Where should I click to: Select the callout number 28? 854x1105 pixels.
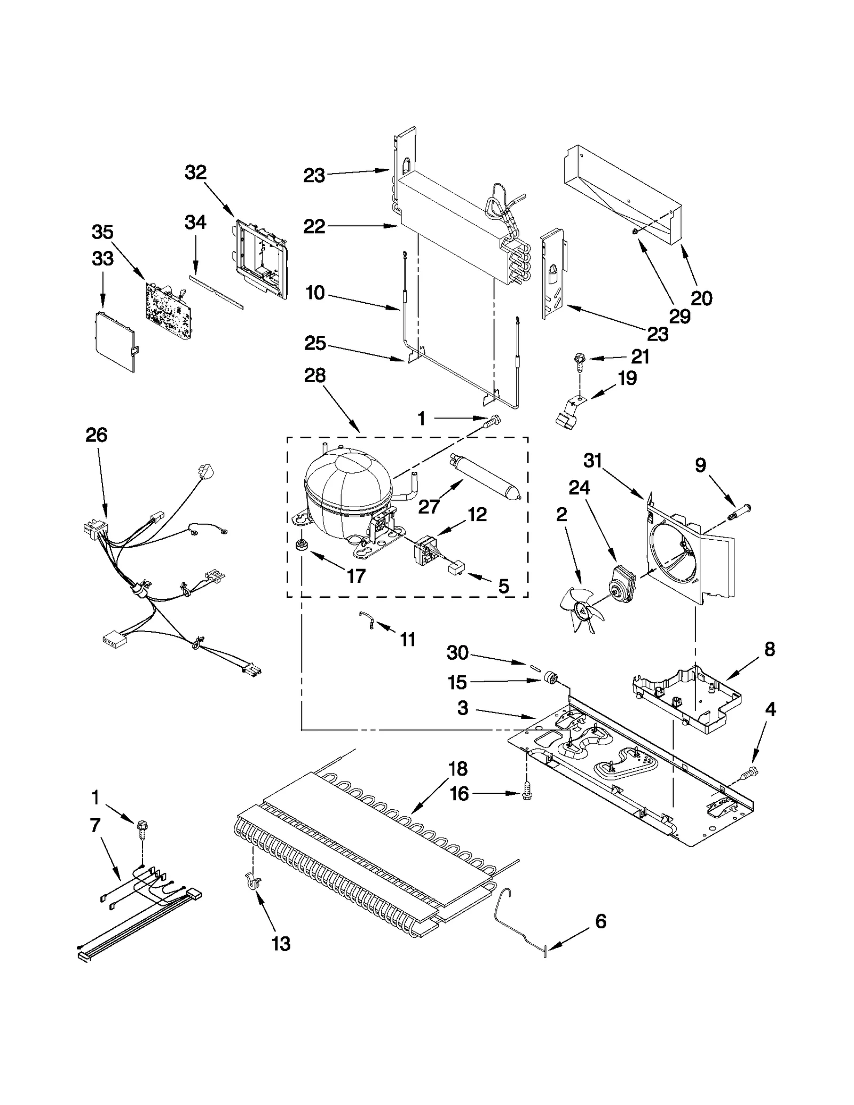click(x=315, y=376)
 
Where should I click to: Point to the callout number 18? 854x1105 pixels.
click(x=458, y=769)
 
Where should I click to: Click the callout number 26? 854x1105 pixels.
click(x=97, y=435)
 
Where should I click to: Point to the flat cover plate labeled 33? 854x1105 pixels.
click(x=114, y=342)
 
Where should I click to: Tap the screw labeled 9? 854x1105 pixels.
click(x=738, y=512)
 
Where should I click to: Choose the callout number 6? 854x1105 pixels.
click(x=600, y=921)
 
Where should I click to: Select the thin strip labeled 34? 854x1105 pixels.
click(x=216, y=293)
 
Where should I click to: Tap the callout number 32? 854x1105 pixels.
click(x=195, y=172)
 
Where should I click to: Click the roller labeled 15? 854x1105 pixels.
click(x=550, y=678)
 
